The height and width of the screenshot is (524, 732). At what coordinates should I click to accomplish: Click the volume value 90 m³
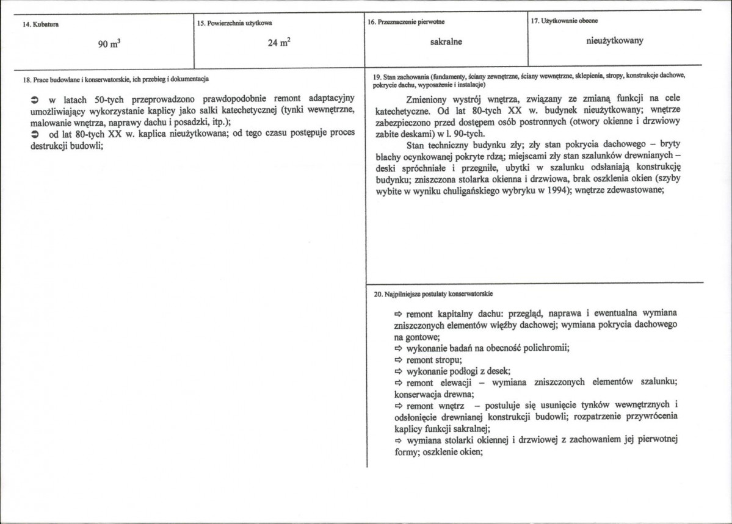point(107,44)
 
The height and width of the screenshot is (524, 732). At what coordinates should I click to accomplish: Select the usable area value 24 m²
point(278,44)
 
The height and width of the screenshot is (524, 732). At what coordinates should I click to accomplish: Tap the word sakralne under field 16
point(446,42)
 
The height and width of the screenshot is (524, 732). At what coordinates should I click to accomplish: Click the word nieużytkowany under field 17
point(614,41)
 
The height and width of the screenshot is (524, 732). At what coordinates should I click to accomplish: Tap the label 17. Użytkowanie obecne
point(564,21)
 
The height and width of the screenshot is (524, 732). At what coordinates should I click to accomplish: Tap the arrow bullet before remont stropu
point(397,360)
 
